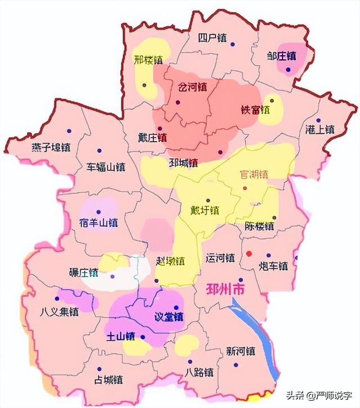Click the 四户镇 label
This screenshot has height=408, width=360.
click(212, 38)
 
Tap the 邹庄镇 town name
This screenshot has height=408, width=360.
click(282, 56)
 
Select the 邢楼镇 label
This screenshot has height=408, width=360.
click(148, 58)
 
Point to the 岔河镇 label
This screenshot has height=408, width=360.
click(192, 88)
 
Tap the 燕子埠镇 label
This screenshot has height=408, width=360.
click(51, 148)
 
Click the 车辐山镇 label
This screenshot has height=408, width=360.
click(106, 167)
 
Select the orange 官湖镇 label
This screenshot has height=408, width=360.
click(254, 174)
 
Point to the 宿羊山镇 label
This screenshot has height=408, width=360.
click(98, 223)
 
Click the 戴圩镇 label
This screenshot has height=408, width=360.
click(205, 210)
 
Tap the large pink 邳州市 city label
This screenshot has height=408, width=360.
click(222, 290)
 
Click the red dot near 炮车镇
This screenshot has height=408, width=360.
click(249, 253)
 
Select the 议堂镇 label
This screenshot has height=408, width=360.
click(169, 316)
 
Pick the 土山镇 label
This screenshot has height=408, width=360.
click(121, 337)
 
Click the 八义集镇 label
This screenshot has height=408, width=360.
click(60, 311)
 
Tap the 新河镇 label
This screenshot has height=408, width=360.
click(240, 351)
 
